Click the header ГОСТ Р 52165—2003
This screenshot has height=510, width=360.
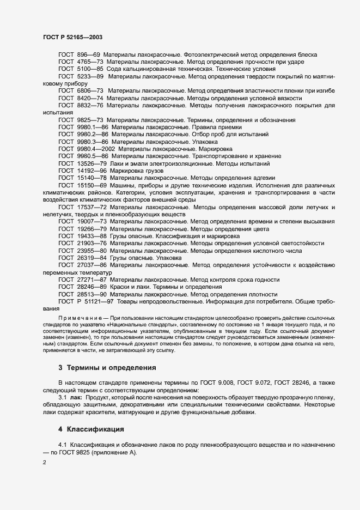point(72,37)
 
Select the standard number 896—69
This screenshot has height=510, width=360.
point(89,55)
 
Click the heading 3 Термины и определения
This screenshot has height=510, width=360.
point(107,367)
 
